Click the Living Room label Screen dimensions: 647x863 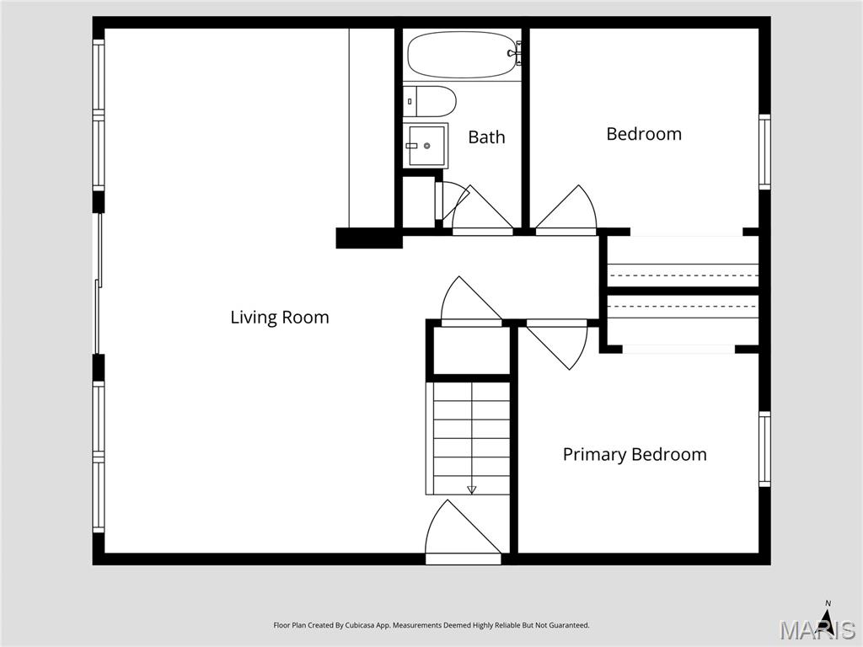[x=279, y=318]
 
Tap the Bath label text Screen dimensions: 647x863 [x=486, y=137]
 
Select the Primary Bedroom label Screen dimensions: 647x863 [x=634, y=455]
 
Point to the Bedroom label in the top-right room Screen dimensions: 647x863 [x=644, y=134]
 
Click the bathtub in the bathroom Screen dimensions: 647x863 [x=462, y=55]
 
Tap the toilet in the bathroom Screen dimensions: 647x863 [x=429, y=101]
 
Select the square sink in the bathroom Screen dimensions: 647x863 [x=426, y=146]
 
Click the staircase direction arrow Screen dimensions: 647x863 [x=471, y=489]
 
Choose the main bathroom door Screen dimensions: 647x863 [x=481, y=211]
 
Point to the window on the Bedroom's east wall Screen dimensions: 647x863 [x=764, y=152]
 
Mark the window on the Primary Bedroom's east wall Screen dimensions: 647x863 [x=764, y=449]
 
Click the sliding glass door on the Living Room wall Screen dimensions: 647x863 [x=98, y=283]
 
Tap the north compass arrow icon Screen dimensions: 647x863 [x=828, y=618]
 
